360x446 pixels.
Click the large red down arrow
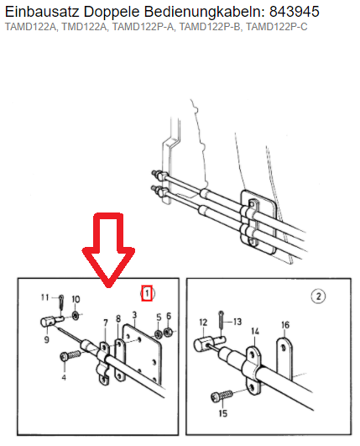click(108, 249)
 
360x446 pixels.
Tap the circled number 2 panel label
click(318, 296)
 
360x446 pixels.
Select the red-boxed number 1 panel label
click(147, 293)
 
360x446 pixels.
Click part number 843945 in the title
click(294, 12)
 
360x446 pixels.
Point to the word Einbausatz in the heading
click(42, 12)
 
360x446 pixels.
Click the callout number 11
click(45, 297)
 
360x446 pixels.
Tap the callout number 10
click(76, 299)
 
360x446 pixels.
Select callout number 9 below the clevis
click(47, 339)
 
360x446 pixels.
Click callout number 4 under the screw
click(64, 377)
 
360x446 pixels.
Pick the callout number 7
click(106, 323)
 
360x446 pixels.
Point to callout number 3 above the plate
click(134, 315)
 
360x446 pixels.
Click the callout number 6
click(169, 316)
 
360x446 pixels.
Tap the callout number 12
click(203, 323)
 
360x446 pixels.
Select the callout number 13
click(237, 322)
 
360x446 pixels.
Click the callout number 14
click(255, 331)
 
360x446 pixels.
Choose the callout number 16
click(285, 325)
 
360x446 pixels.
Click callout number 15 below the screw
click(223, 413)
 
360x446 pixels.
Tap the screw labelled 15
click(222, 396)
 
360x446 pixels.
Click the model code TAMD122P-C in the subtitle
click(276, 27)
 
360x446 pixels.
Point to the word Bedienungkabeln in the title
click(204, 12)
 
